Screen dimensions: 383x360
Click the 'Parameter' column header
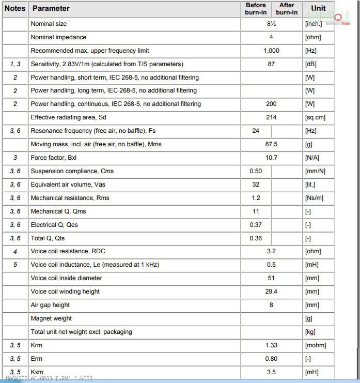click(51, 8)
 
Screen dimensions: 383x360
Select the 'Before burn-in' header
click(256, 9)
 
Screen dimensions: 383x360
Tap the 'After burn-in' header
click(287, 9)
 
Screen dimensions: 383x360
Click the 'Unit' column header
click(318, 8)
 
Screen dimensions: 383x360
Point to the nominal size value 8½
click(271, 24)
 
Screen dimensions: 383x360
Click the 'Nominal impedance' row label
click(58, 37)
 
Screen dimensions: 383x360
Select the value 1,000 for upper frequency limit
click(271, 51)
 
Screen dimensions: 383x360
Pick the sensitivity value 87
click(271, 64)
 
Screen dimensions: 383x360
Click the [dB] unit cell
click(311, 64)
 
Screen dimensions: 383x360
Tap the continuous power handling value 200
click(271, 104)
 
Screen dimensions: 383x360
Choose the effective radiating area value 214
click(271, 117)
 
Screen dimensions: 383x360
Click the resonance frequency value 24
click(256, 131)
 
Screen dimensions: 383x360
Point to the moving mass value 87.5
click(271, 144)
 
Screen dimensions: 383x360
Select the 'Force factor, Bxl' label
click(53, 158)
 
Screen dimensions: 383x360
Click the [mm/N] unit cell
click(315, 171)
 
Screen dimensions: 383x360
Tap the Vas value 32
click(256, 185)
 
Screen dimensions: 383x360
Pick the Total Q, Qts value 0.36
click(256, 238)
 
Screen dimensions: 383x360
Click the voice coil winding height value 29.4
click(271, 292)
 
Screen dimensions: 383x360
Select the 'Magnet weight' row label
click(51, 318)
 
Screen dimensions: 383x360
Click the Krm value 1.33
click(271, 345)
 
